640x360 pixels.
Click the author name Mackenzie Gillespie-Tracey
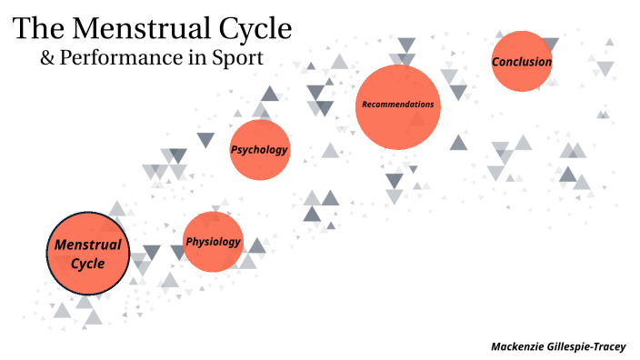[x=558, y=346]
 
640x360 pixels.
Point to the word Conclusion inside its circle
[x=522, y=62]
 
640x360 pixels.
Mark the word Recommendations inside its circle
[x=397, y=105]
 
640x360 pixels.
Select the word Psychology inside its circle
[x=259, y=150]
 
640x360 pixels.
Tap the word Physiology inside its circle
[x=213, y=241]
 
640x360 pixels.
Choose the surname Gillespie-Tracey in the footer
[x=592, y=346]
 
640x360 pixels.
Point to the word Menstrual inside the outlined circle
[x=88, y=245]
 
